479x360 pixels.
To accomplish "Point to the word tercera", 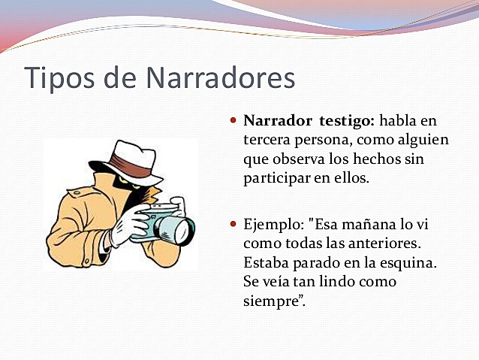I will [267, 140].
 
